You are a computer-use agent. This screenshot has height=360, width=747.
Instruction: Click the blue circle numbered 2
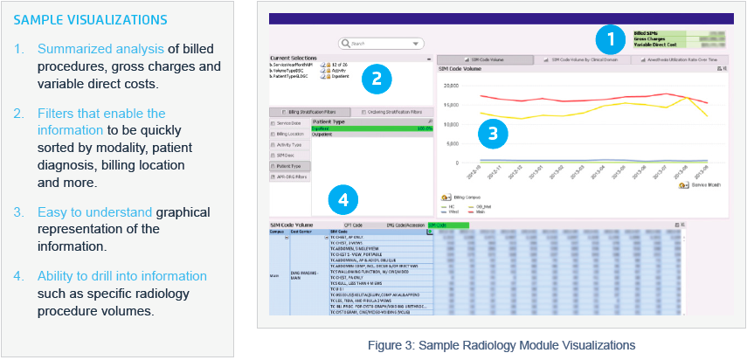coord(376,78)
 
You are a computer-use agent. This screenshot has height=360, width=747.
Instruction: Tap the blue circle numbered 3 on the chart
coord(493,134)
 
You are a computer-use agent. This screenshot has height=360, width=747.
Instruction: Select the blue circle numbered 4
coord(343,200)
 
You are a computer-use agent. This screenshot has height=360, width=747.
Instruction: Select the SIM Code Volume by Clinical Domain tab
coord(582,59)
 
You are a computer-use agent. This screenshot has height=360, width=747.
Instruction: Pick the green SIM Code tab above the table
coord(447,225)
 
